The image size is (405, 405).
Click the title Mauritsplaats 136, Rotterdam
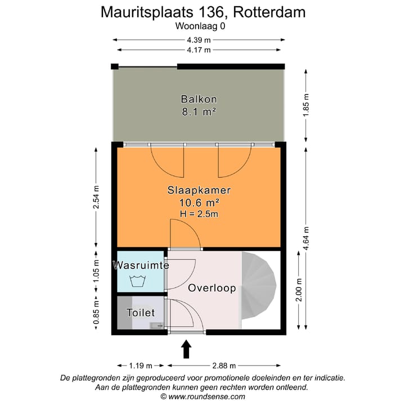coord(202,12)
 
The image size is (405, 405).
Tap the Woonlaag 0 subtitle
coord(202,25)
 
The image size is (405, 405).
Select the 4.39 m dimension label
coord(199,40)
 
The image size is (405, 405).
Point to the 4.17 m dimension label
coord(199,49)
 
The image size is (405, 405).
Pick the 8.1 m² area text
coord(199,111)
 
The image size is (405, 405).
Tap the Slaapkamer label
coord(199,190)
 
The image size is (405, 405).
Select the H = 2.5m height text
coord(199,214)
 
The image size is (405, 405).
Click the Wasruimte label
coord(141,265)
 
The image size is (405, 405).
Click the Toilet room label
coord(141,313)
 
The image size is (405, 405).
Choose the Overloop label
coord(211,288)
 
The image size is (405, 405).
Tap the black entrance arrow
coord(187,349)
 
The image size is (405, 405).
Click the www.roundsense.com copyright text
coord(202,396)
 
